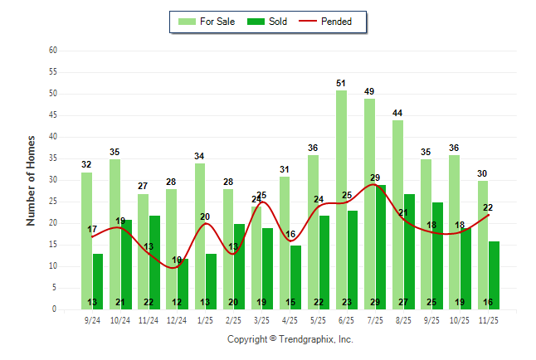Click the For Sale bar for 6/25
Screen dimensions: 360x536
tap(341, 199)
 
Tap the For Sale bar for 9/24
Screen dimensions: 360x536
tap(86, 241)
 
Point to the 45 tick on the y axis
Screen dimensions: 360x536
tap(52, 115)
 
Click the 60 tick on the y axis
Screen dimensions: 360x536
tap(52, 51)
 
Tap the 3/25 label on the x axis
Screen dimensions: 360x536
tap(262, 320)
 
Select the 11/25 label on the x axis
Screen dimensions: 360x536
tap(489, 320)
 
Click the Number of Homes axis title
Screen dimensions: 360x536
tap(31, 180)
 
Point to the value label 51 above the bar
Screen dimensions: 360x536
tap(341, 83)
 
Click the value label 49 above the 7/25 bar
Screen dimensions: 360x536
tap(369, 91)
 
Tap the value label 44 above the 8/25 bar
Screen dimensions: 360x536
tap(398, 113)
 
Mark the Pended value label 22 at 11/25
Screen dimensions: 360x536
tap(489, 207)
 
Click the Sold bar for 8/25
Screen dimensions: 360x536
tap(409, 249)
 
